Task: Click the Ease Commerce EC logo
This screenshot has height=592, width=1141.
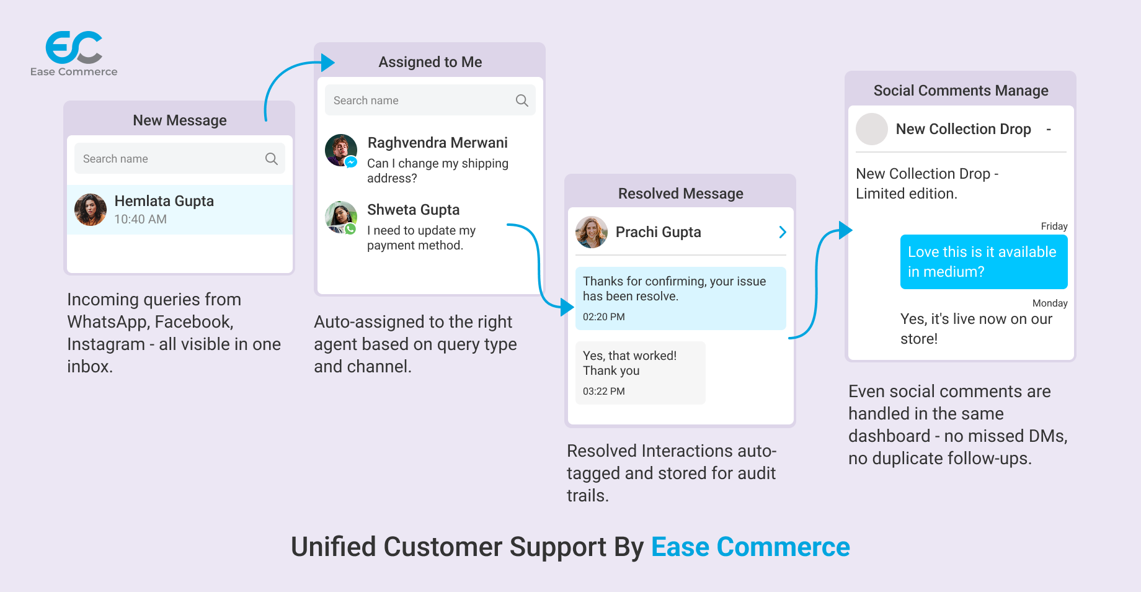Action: coord(74,48)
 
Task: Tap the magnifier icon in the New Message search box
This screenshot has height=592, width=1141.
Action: coord(271,159)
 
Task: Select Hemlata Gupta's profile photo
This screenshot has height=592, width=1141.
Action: coord(91,210)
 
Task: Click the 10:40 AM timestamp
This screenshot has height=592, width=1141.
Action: coord(140,219)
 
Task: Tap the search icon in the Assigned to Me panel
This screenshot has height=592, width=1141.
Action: coord(522,101)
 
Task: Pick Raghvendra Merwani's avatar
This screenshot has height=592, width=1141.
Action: coord(341,150)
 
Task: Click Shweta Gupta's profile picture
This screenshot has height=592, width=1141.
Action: coord(341,217)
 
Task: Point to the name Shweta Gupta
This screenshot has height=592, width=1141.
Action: coord(413,210)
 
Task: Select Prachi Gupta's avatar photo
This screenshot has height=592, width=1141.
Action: coord(592,232)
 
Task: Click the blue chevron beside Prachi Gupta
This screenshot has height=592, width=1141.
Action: coord(783,232)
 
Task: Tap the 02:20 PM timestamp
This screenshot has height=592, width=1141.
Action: coord(603,316)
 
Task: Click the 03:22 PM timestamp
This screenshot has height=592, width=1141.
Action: coord(603,391)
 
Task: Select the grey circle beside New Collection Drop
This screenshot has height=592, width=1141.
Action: coord(872,129)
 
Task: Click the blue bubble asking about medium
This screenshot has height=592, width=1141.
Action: coord(983,262)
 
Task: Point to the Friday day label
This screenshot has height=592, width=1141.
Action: coord(1054,226)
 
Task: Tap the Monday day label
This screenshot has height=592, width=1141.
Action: coord(1049,303)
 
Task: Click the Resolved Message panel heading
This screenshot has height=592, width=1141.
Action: coord(680,194)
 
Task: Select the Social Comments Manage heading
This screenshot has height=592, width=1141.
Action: coord(961,91)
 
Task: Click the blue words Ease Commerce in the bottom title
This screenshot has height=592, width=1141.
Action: coord(750,547)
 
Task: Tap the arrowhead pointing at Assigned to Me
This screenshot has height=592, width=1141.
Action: coord(327,62)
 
